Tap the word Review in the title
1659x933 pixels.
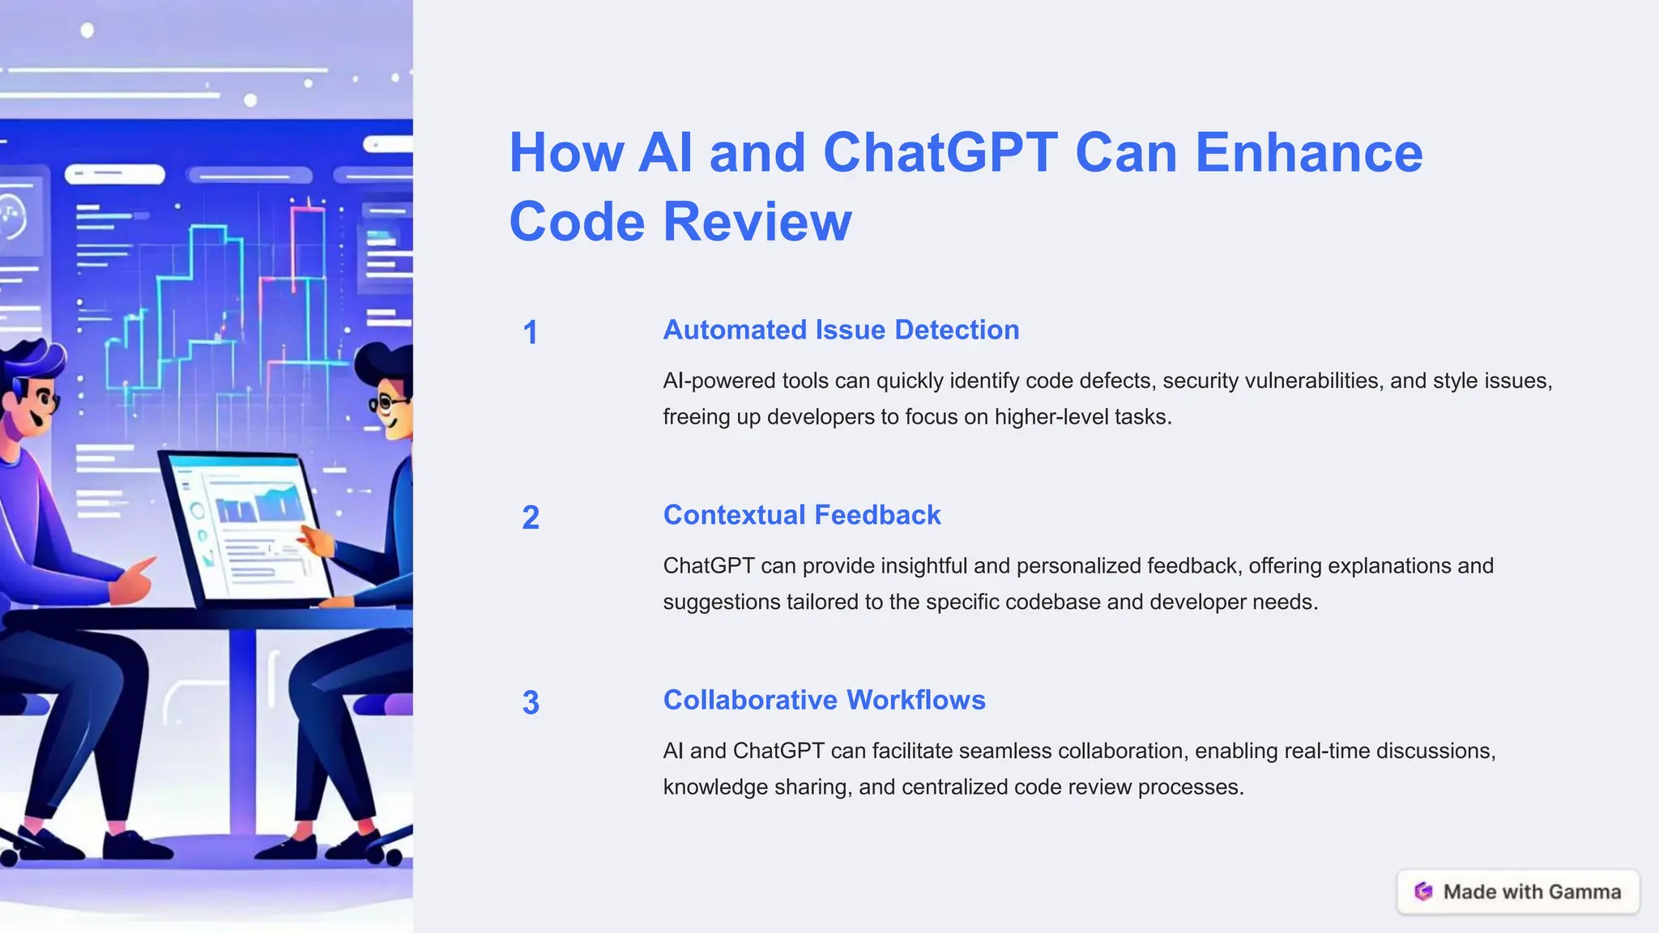pyautogui.click(x=757, y=222)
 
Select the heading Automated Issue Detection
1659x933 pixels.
pyautogui.click(x=841, y=330)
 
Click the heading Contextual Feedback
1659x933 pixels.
pyautogui.click(x=802, y=515)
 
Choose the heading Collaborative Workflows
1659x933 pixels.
pyautogui.click(x=824, y=701)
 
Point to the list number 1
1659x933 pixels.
pyautogui.click(x=531, y=333)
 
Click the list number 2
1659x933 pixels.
pyautogui.click(x=531, y=518)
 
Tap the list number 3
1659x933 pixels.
pyautogui.click(x=531, y=703)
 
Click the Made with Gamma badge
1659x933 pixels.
pyautogui.click(x=1518, y=892)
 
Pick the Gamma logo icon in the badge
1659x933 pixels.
pyautogui.click(x=1423, y=892)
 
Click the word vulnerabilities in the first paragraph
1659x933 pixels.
pyautogui.click(x=1312, y=381)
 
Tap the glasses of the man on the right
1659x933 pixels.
pyautogui.click(x=387, y=403)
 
